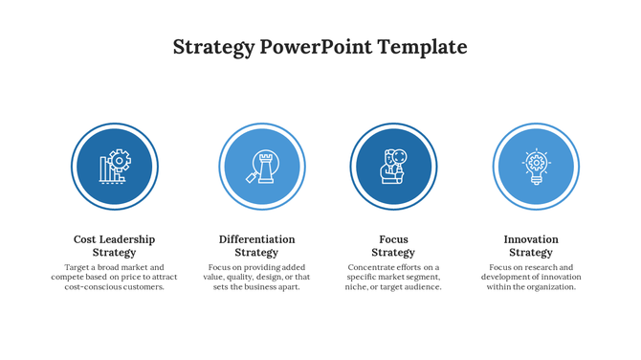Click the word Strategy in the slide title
pos(213,47)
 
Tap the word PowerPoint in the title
pos(317,47)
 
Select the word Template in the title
pos(423,47)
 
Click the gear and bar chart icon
pos(115,167)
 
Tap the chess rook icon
pos(261,167)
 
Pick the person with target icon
pos(393,167)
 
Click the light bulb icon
pos(536,167)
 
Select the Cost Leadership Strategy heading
pos(114,246)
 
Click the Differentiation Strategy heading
pos(256,246)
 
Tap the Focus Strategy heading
pos(393,246)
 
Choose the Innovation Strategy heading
pos(531,246)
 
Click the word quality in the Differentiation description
pos(240,278)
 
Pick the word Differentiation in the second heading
pos(256,239)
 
